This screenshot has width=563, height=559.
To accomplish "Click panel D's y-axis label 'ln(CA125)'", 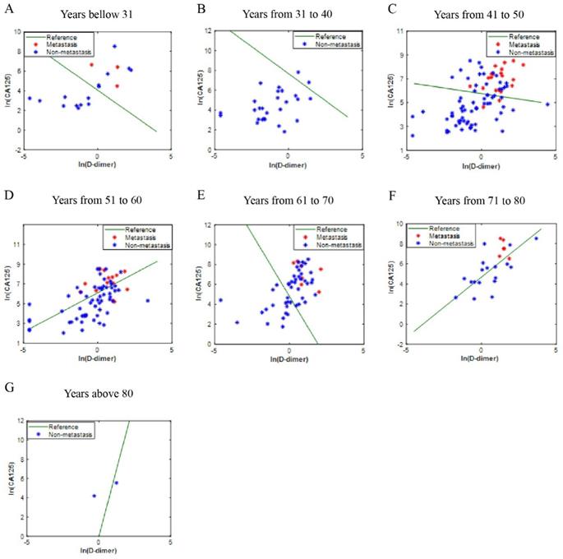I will pos(12,282).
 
